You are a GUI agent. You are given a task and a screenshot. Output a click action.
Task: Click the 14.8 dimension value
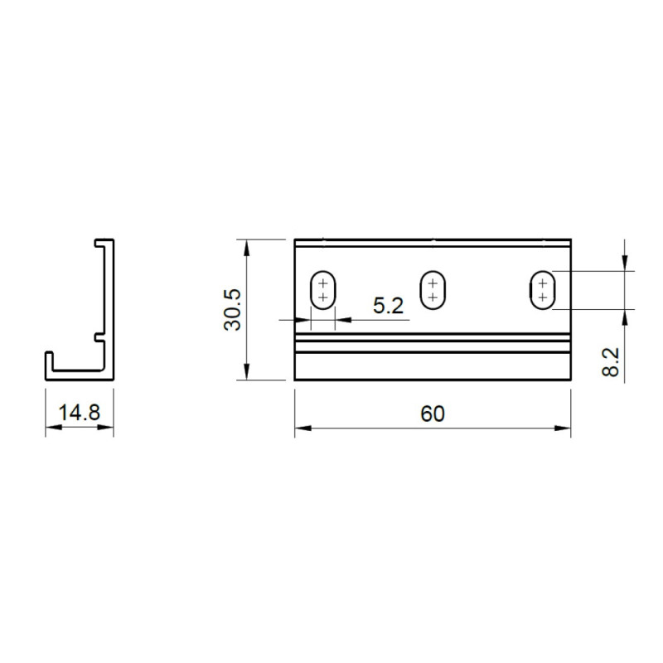[x=79, y=413]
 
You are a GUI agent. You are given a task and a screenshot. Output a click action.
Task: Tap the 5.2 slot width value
[x=388, y=306]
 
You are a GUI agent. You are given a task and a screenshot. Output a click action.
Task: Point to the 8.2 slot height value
[x=611, y=362]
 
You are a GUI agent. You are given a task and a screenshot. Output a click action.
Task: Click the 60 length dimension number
[x=432, y=414]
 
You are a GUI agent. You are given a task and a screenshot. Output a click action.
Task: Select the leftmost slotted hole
[x=322, y=291]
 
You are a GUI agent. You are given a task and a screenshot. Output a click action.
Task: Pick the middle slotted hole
[x=432, y=290]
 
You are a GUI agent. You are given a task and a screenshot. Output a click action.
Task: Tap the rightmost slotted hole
[x=542, y=290]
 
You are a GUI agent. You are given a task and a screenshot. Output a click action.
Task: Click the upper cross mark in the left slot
[x=322, y=284]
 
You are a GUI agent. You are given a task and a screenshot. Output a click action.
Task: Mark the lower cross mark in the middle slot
[x=432, y=297]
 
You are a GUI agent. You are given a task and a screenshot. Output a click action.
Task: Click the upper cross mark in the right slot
[x=542, y=283]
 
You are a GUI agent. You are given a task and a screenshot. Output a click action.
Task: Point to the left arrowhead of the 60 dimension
[x=301, y=428]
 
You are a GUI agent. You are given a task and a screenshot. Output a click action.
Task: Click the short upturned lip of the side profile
[x=50, y=363]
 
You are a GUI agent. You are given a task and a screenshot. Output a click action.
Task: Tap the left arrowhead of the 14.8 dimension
[x=51, y=428]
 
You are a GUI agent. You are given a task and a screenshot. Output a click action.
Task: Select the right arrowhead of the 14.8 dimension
[x=108, y=428]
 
